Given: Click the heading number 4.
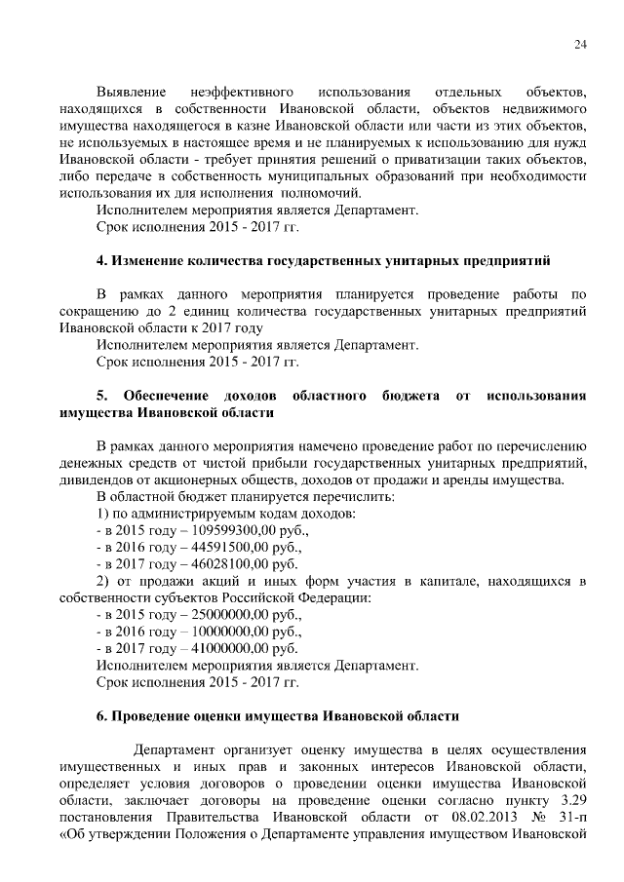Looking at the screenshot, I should (x=101, y=261).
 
